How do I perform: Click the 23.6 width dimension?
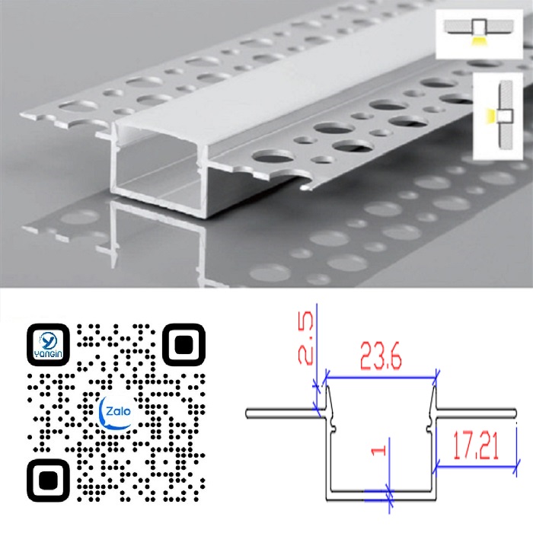point(381,356)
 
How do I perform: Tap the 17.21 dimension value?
point(476,447)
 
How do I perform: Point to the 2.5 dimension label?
point(305,338)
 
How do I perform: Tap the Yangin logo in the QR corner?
point(48,345)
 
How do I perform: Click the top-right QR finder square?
point(184,345)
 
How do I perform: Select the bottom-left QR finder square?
point(48,480)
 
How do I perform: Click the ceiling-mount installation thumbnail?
point(479,34)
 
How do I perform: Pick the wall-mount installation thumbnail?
point(498,116)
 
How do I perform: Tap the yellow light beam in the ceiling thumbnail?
point(479,41)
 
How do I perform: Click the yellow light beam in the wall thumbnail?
point(490,116)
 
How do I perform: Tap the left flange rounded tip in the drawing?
point(248,413)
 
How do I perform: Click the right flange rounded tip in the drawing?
point(514,413)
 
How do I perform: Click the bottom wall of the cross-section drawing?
point(381,496)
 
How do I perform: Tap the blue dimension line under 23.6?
point(381,378)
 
